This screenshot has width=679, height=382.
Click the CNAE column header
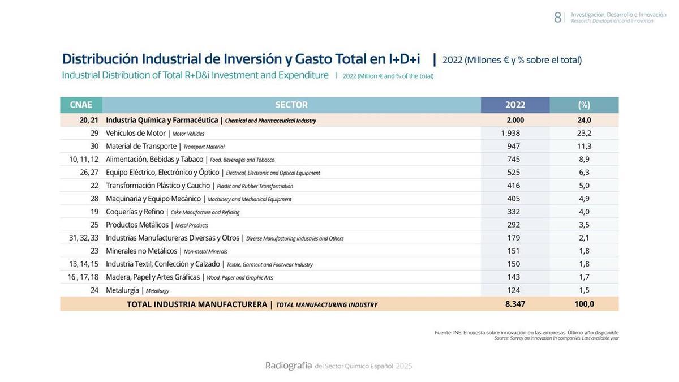coord(81,105)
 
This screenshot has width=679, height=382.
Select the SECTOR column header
coord(291,105)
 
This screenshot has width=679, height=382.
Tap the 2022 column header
coord(515,105)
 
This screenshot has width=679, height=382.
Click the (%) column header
coord(584,105)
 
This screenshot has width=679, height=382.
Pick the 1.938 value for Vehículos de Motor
coord(510,133)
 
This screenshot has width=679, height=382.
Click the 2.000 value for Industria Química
coord(515,120)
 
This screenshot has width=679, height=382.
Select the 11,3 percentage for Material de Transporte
coord(584,146)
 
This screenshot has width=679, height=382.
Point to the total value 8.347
coord(515,304)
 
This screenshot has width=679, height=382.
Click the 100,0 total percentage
coord(584,304)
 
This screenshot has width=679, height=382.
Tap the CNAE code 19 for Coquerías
coord(94,212)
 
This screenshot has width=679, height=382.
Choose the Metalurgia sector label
coord(122,290)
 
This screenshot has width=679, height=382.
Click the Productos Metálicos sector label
coord(137,225)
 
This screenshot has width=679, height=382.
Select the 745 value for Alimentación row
coord(513,159)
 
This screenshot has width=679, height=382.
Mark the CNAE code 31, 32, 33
coord(84,238)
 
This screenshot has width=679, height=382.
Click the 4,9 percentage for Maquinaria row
coord(584,199)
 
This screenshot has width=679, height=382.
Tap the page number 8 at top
coord(557,18)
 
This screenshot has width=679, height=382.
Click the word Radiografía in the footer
coord(289,366)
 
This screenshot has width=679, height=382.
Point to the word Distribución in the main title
coord(100,59)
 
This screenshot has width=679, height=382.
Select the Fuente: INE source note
coord(526,333)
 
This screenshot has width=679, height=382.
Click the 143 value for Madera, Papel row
coord(513,277)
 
